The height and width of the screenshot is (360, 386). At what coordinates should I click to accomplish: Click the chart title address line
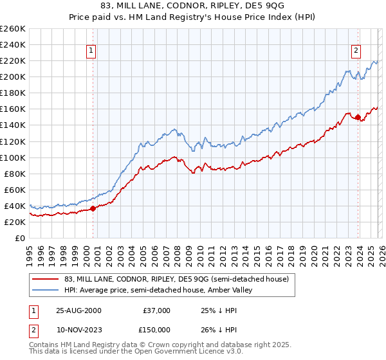(193, 6)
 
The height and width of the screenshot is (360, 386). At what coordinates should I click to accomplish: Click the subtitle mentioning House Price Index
(193, 17)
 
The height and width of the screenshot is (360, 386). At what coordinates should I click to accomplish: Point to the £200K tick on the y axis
(14, 77)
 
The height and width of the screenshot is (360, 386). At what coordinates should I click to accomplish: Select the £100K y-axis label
(14, 157)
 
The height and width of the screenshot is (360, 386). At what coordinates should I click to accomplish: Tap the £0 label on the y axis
(20, 238)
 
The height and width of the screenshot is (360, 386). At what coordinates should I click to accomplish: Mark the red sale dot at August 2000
(93, 208)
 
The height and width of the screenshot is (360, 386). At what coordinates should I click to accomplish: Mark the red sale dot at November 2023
(358, 117)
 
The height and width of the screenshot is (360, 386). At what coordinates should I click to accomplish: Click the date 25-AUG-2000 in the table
(78, 310)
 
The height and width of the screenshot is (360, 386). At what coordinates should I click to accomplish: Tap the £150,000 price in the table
(156, 330)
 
